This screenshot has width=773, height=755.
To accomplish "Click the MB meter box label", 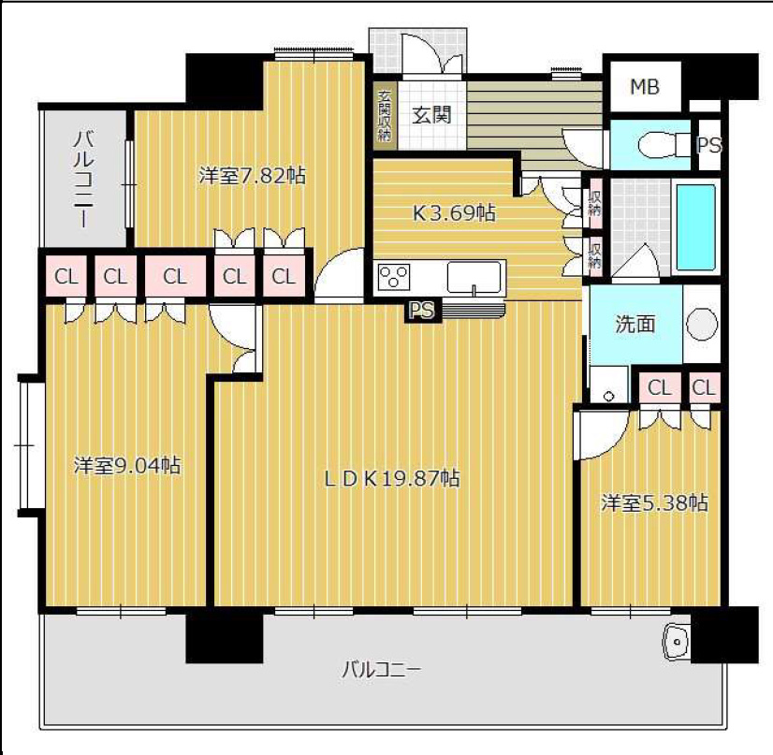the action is click(x=645, y=87).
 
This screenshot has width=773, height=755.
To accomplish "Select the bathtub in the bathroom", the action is click(x=696, y=227).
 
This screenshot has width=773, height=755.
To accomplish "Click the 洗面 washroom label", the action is click(x=635, y=324).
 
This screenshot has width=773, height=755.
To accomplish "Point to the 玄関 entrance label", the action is click(x=431, y=115).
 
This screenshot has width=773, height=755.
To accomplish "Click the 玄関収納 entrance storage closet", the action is click(x=385, y=115).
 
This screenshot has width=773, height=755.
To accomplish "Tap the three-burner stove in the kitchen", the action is click(x=393, y=277).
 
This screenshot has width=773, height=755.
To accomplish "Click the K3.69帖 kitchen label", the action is click(x=454, y=213).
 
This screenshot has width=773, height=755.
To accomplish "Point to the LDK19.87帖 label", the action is click(x=392, y=478).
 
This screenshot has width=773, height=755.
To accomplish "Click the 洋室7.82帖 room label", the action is click(x=253, y=176).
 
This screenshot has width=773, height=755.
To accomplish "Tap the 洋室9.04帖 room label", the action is click(x=127, y=465).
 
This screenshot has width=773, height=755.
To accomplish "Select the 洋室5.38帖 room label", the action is click(x=654, y=502).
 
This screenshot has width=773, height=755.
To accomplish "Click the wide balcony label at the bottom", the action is click(x=382, y=670).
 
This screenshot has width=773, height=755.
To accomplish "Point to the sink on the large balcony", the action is click(x=677, y=641).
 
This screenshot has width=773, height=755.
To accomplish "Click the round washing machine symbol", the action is click(x=702, y=325).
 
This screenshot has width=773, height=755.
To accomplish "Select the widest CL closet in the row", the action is click(x=175, y=277).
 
